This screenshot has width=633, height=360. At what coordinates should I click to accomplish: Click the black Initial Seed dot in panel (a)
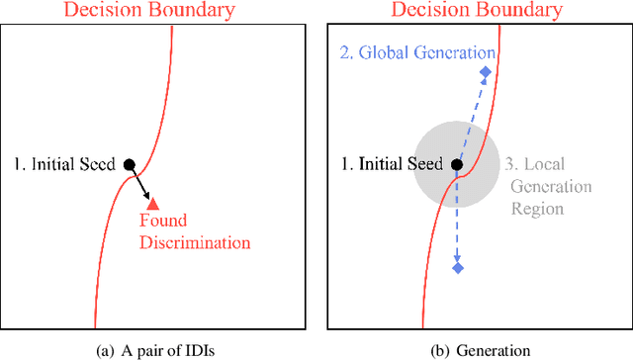pos(129,164)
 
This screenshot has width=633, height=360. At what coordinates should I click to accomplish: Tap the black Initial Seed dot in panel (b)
pos(456,164)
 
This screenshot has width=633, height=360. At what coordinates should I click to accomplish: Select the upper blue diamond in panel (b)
pos(485,72)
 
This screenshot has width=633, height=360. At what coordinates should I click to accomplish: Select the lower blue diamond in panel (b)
pos(457,267)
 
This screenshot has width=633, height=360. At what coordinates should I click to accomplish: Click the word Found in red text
pos(162,222)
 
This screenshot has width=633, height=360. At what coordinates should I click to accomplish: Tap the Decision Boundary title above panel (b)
pos(476,11)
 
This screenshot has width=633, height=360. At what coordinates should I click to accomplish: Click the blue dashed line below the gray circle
pos(457,232)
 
